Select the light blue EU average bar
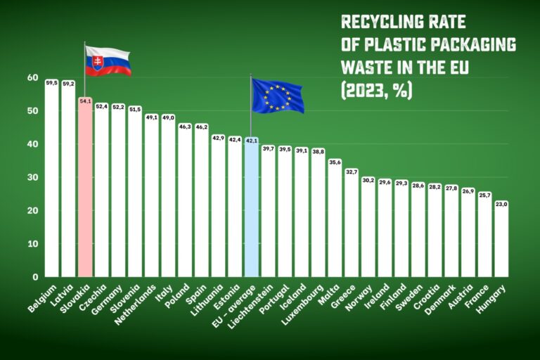click(251, 207)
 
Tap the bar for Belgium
click(51, 179)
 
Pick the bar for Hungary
click(501, 239)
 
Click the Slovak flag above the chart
click(108, 61)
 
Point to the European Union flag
click(277, 96)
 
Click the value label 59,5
click(51, 83)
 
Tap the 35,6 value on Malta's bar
click(334, 162)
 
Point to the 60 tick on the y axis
click(32, 77)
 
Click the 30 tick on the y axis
click(32, 177)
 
